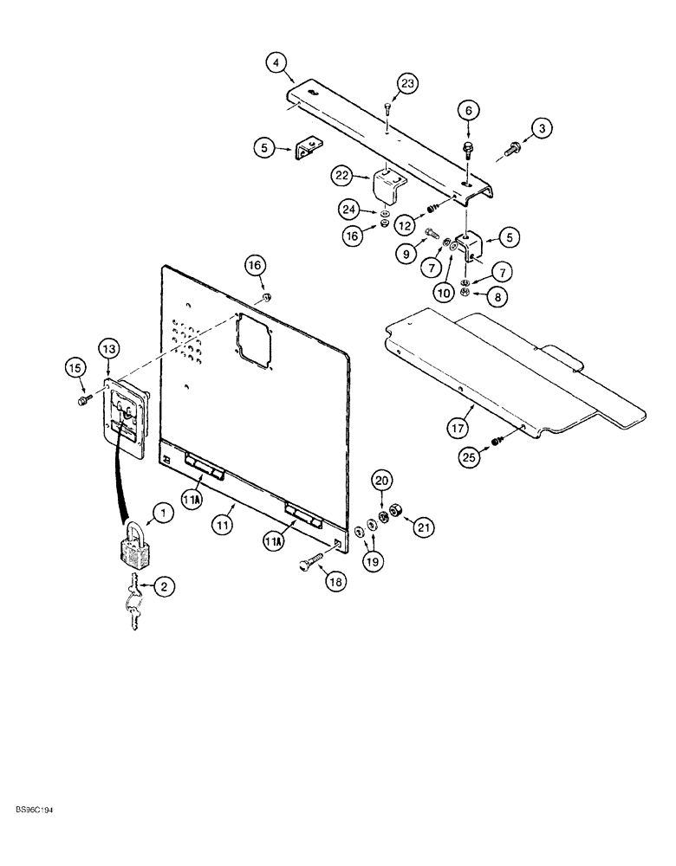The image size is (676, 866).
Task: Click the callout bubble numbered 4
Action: [275, 62]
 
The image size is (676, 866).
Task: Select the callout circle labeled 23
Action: [408, 84]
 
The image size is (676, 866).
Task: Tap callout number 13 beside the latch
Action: [108, 347]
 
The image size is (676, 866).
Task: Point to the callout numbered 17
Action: [458, 425]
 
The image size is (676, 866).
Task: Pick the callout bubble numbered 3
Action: [543, 129]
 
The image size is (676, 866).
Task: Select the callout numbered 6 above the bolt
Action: [469, 110]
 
